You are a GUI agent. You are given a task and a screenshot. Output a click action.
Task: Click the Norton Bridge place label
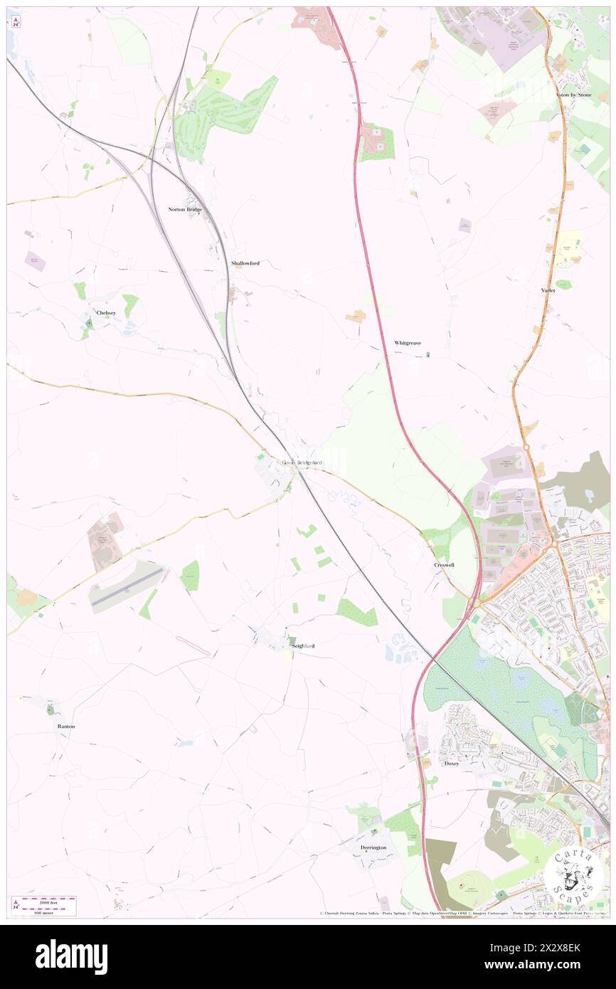tap(185, 209)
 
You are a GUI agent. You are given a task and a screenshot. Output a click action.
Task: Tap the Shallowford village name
tap(245, 263)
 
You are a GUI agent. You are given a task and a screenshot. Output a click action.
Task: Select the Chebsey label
tap(106, 312)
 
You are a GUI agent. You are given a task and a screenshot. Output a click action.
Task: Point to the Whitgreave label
tap(408, 343)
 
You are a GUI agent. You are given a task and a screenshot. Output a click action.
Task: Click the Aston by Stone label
tap(574, 95)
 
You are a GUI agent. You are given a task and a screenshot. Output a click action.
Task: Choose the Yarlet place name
tap(548, 290)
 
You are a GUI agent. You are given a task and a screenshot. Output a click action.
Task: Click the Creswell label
tap(445, 564)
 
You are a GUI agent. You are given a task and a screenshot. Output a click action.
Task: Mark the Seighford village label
tap(303, 645)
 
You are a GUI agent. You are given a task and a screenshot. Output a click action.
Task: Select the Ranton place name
tap(66, 726)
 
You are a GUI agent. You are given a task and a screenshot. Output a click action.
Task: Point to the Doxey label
tap(452, 763)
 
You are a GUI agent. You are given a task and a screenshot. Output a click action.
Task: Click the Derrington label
tap(373, 847)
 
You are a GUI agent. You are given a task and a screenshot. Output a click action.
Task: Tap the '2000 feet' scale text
tap(48, 901)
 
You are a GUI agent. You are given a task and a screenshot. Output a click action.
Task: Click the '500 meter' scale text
tap(48, 912)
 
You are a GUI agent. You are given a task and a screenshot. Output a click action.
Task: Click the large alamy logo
tap(71, 956)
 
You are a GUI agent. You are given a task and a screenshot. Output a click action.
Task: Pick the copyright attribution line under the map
tap(462, 914)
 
